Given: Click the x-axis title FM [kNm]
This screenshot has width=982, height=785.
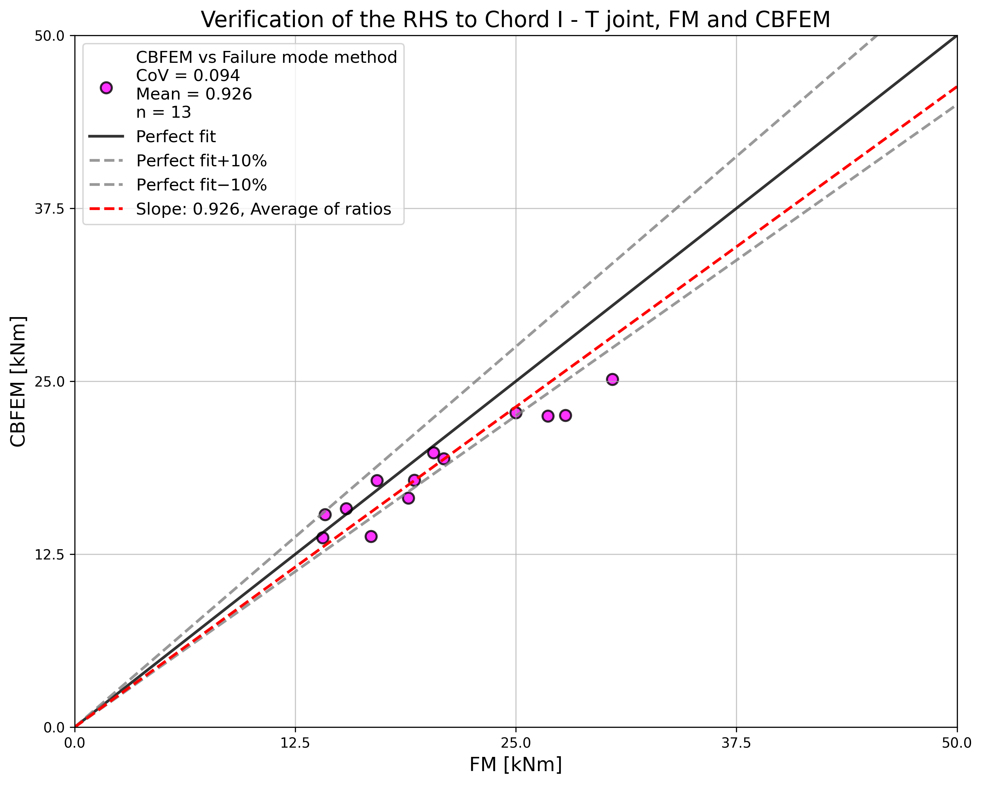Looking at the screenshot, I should (515, 765).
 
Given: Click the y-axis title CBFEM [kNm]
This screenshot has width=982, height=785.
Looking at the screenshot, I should (18, 381).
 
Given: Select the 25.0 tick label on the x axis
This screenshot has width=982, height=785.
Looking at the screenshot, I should (515, 743).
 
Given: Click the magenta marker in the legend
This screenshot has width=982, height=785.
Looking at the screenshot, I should (106, 88).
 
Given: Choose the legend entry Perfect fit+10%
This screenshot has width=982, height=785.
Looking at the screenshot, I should (201, 161).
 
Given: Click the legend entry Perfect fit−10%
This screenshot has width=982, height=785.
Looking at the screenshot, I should (201, 185).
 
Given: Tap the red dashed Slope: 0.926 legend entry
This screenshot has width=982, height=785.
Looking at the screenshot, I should (263, 209).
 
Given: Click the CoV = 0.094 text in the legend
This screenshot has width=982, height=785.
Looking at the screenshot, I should (188, 76).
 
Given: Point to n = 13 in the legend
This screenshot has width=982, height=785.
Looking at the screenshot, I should (164, 112).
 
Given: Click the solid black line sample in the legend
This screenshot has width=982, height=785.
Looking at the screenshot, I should (106, 136).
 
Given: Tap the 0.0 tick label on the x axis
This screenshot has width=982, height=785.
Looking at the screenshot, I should (75, 743).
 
